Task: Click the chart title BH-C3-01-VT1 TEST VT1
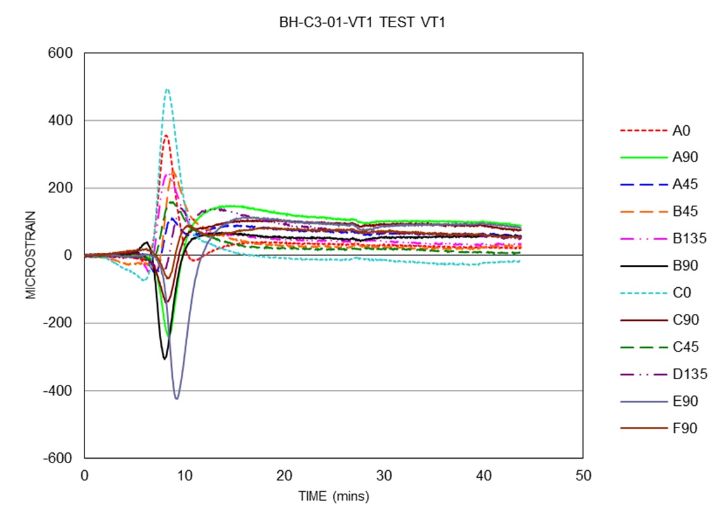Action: click(364, 23)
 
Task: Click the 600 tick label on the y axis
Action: click(63, 53)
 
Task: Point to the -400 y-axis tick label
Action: click(60, 391)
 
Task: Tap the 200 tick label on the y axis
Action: click(63, 188)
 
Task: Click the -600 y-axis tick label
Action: click(60, 458)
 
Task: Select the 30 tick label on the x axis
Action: click(383, 476)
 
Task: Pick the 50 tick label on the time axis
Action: click(583, 476)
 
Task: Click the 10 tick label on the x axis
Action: click(184, 476)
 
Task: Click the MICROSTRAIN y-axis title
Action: click(31, 255)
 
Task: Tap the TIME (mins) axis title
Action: click(333, 496)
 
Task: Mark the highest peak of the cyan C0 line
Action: click(167, 90)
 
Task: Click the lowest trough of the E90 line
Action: click(176, 398)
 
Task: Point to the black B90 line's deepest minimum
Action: click(164, 359)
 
